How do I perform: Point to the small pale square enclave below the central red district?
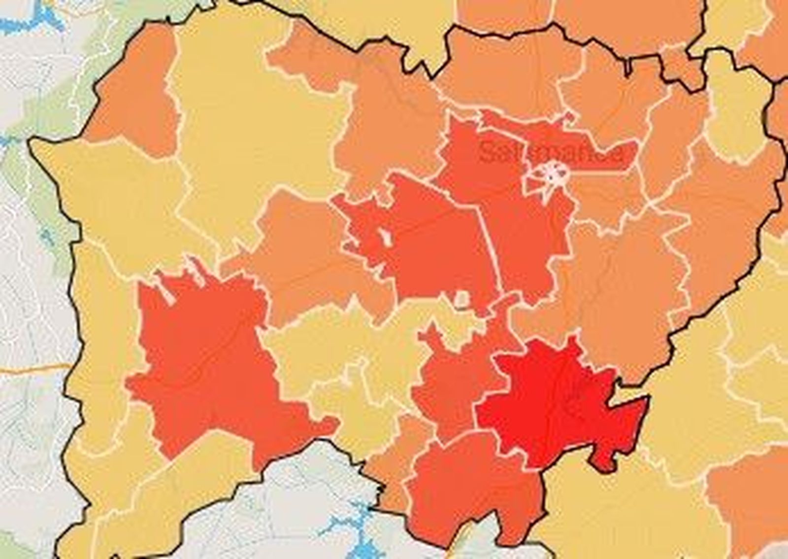pos(462,299)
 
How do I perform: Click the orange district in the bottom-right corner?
pos(749,503)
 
